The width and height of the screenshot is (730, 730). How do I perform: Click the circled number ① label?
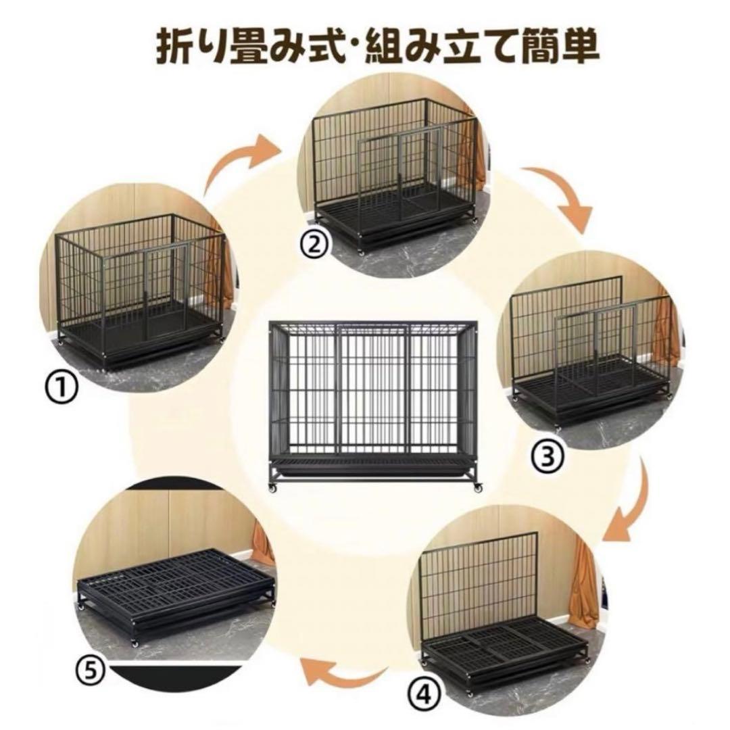(62, 389)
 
